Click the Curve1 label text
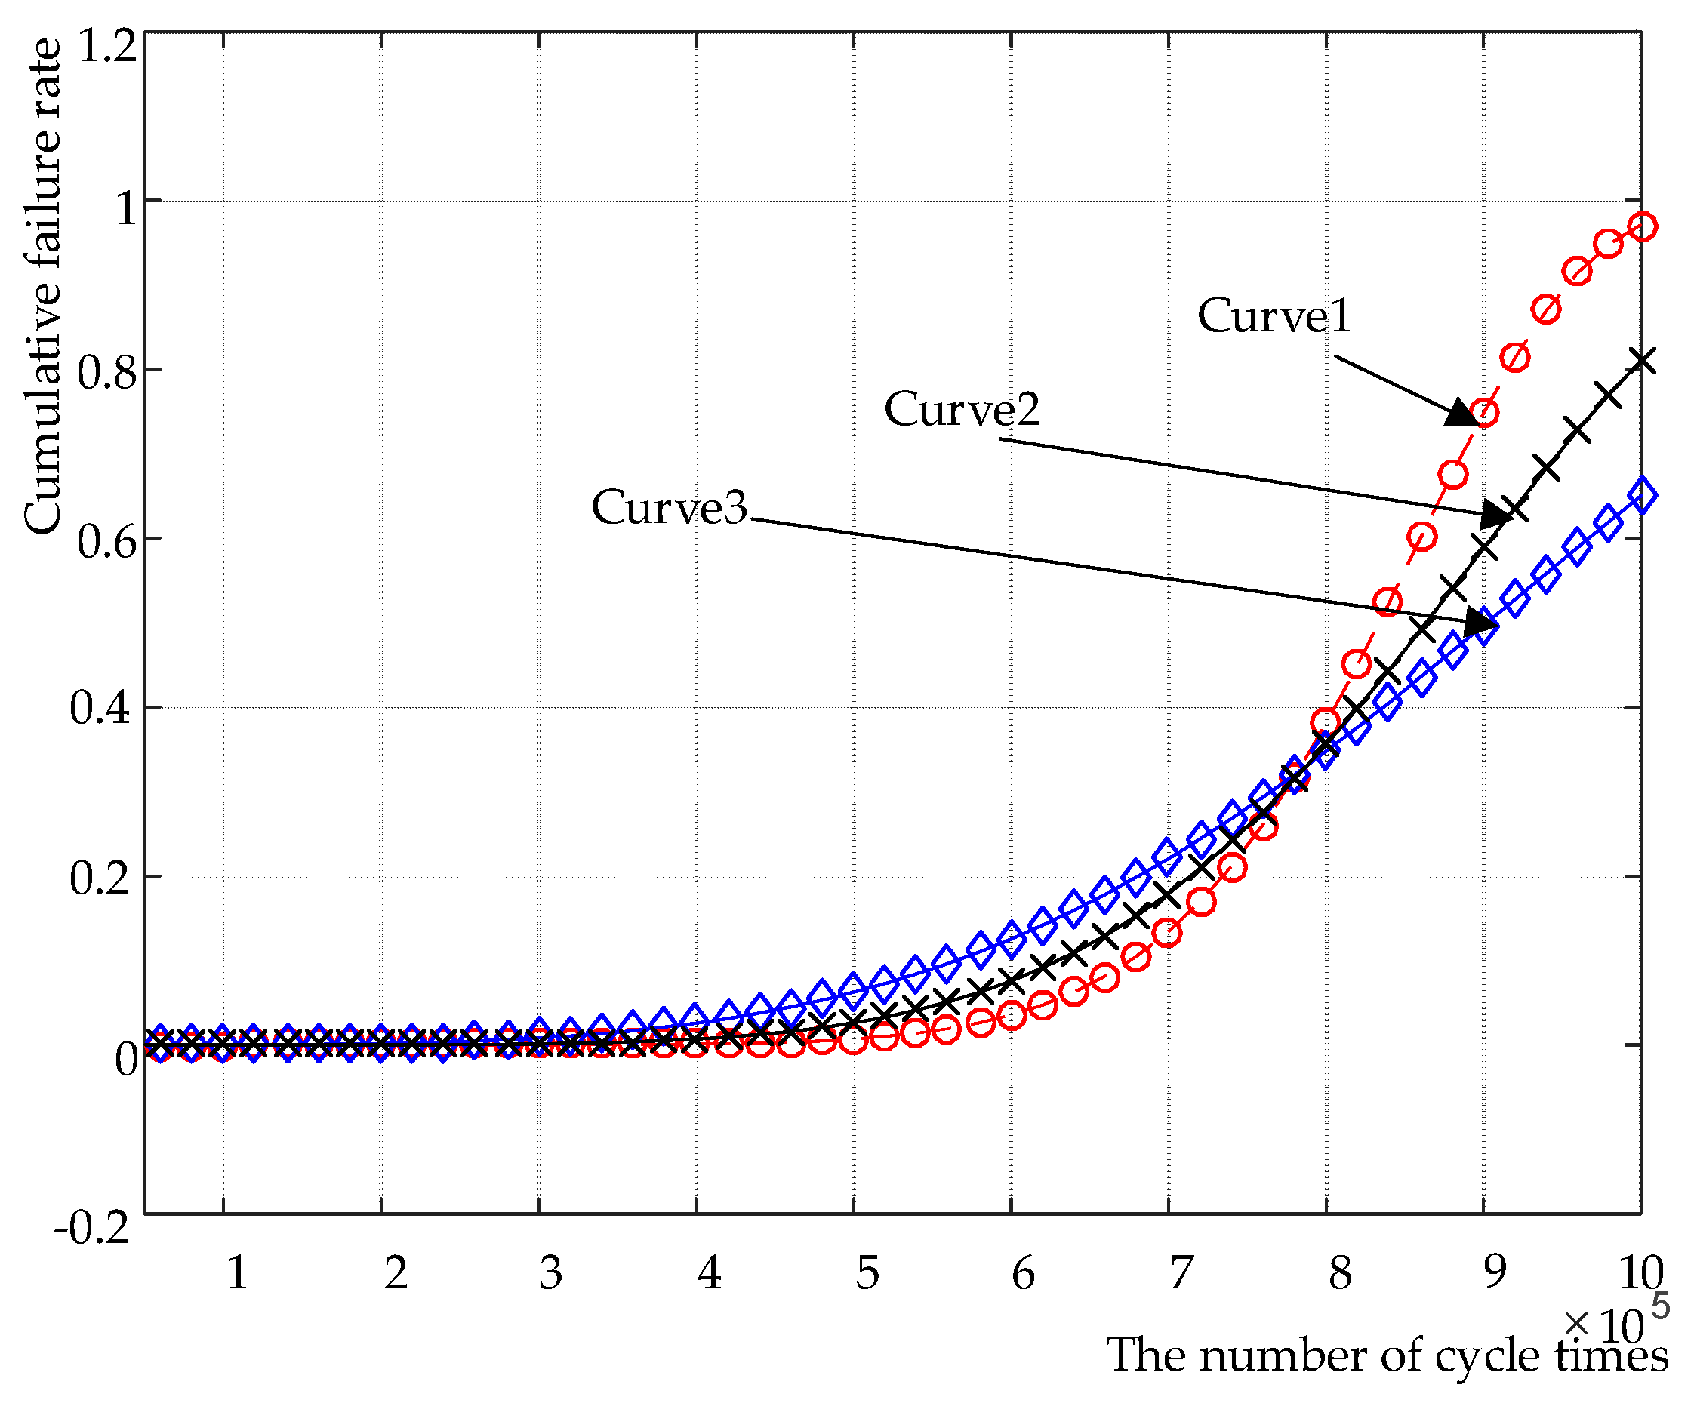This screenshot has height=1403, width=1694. coord(1273,315)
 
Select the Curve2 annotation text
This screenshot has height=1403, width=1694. coord(962,410)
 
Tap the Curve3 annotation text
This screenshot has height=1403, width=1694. coord(670,508)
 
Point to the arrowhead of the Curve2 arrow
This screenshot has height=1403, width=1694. coord(1495,514)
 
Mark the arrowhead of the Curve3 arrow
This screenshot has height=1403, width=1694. coord(1480,621)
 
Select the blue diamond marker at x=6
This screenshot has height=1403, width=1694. coord(1012,938)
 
